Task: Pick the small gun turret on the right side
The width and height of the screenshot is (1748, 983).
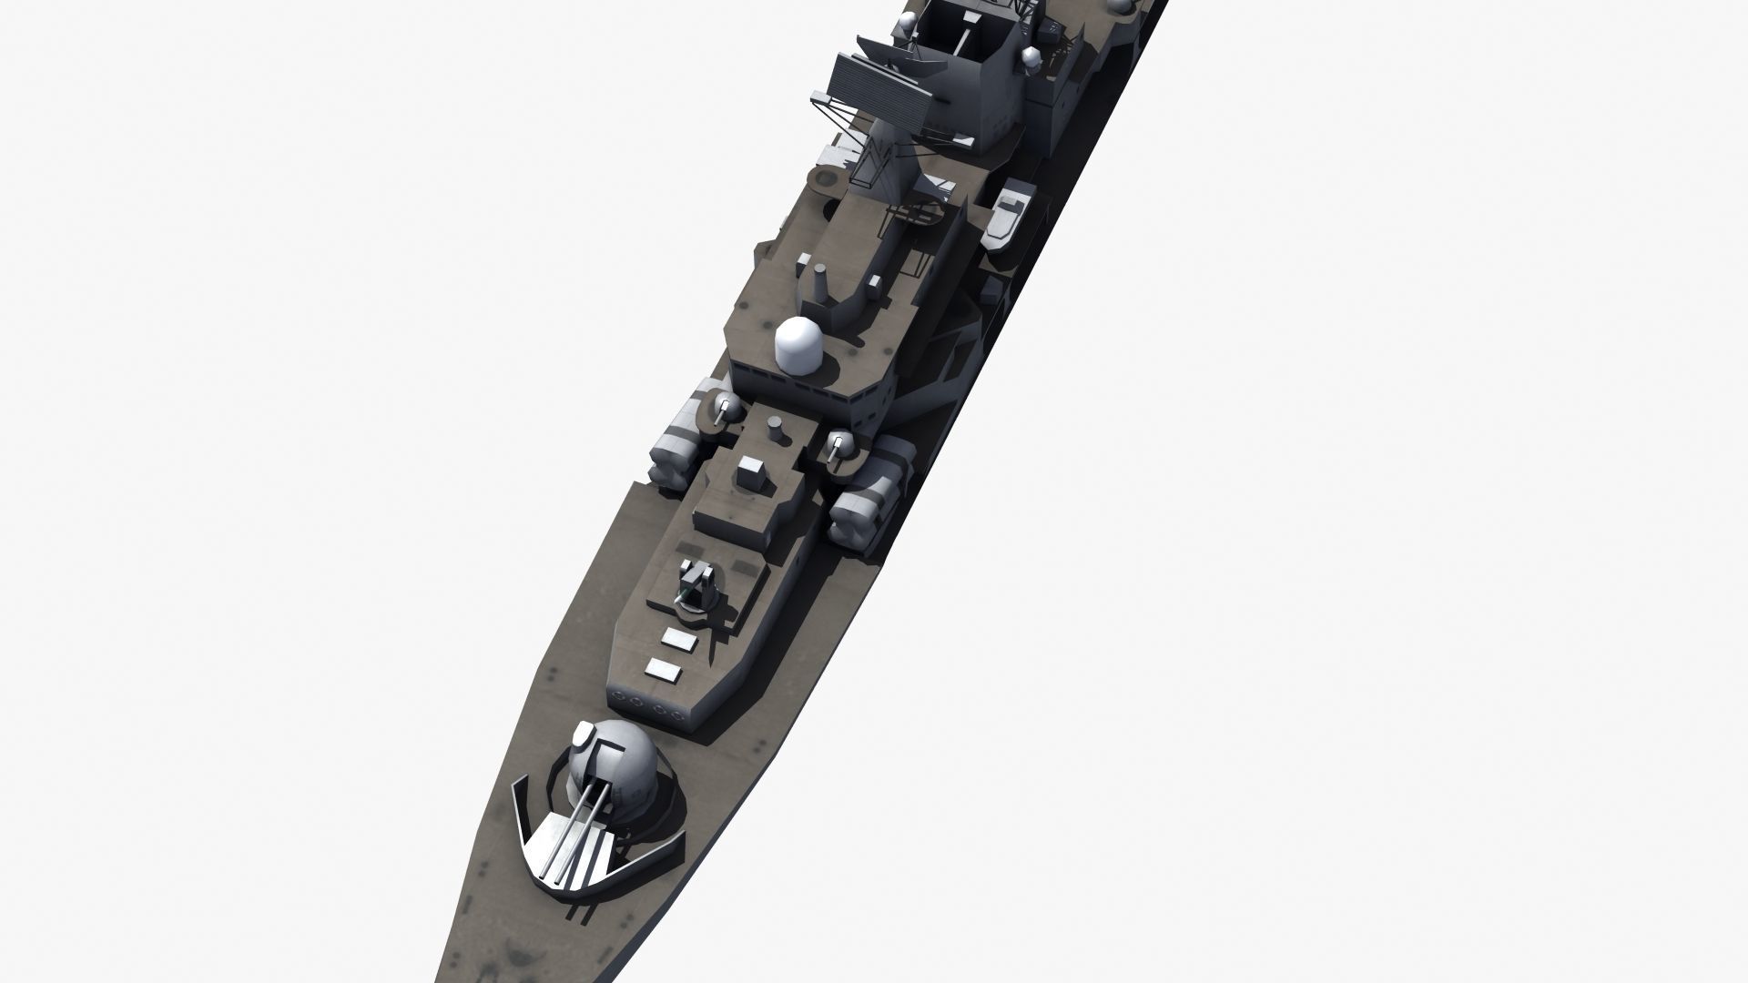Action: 841,447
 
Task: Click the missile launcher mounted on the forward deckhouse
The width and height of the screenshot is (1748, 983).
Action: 698,583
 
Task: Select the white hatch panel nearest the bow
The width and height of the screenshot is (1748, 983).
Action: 664,671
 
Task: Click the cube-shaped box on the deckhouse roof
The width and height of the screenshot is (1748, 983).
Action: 752,472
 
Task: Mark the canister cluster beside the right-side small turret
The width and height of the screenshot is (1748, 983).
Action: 869,496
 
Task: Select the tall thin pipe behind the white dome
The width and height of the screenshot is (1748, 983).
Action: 820,286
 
